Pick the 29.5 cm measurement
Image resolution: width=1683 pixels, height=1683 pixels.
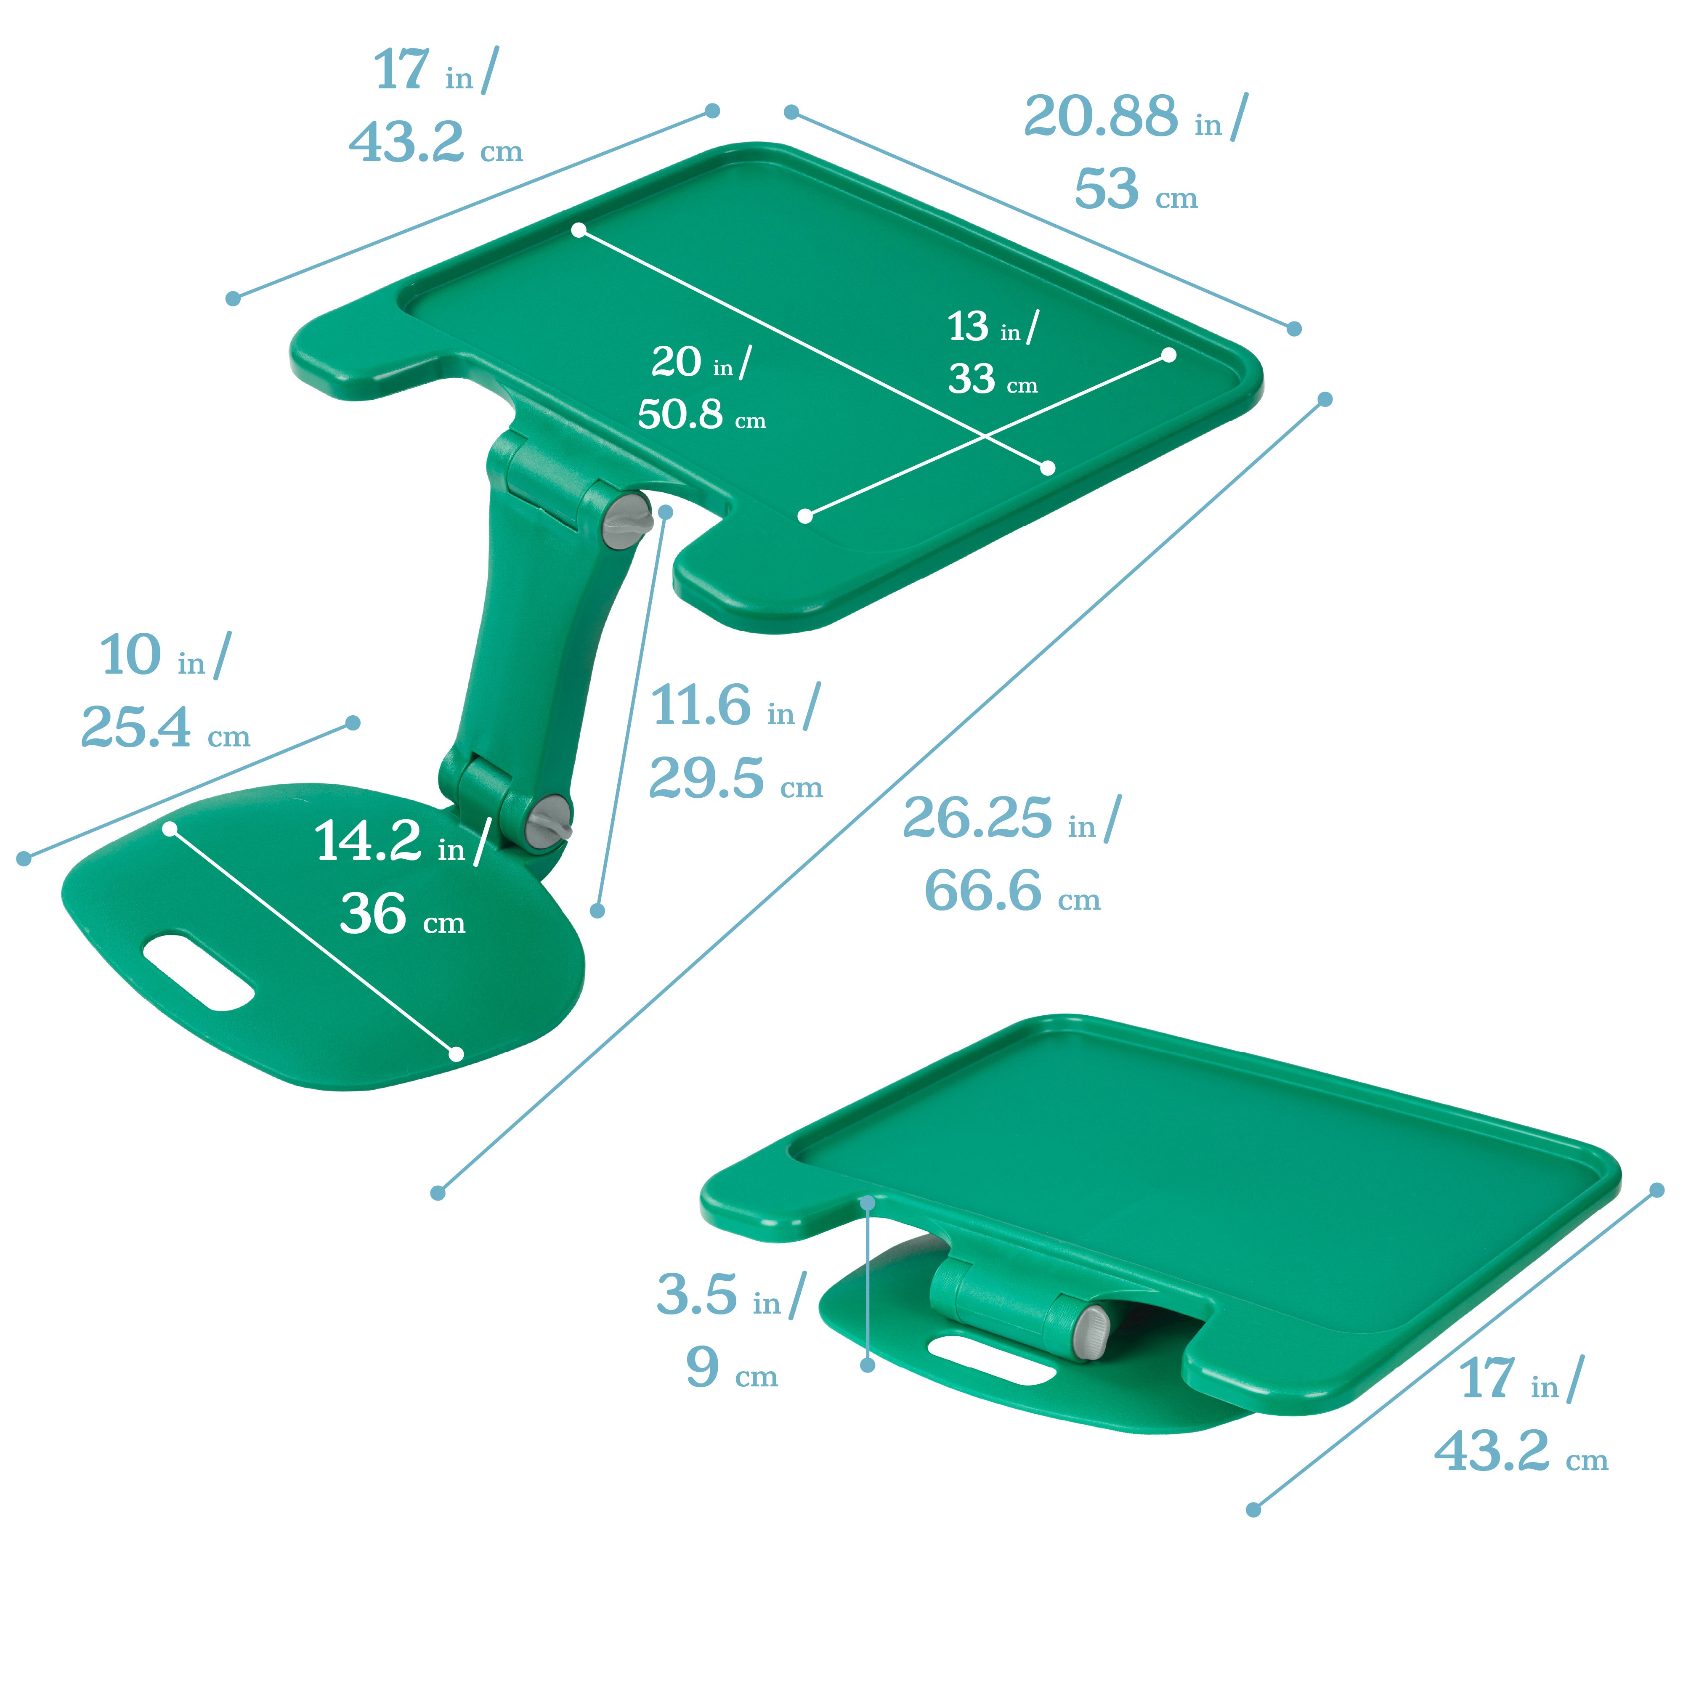coord(706,778)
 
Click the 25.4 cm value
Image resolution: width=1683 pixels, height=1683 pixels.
coord(135,727)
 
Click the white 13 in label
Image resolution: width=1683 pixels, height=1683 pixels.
coord(968,327)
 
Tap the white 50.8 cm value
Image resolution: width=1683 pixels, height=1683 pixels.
coord(680,414)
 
